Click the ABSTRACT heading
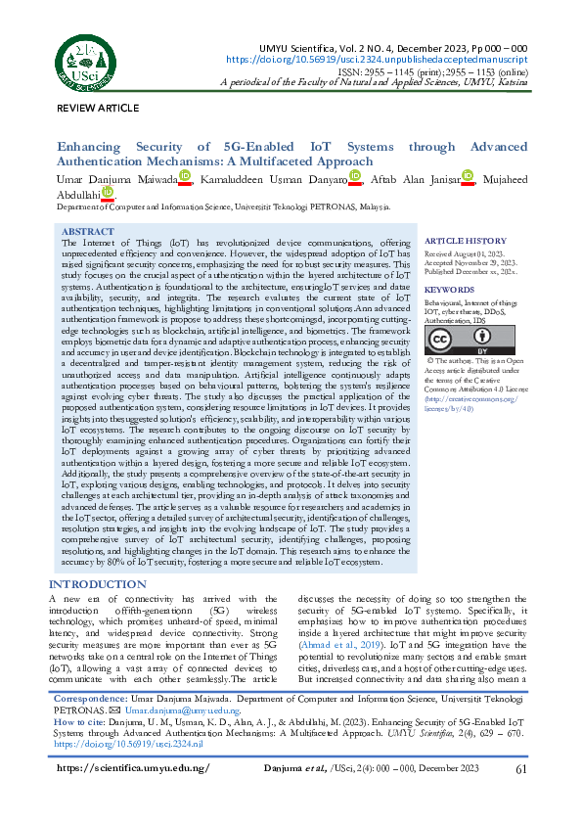pyautogui.click(x=87, y=232)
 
